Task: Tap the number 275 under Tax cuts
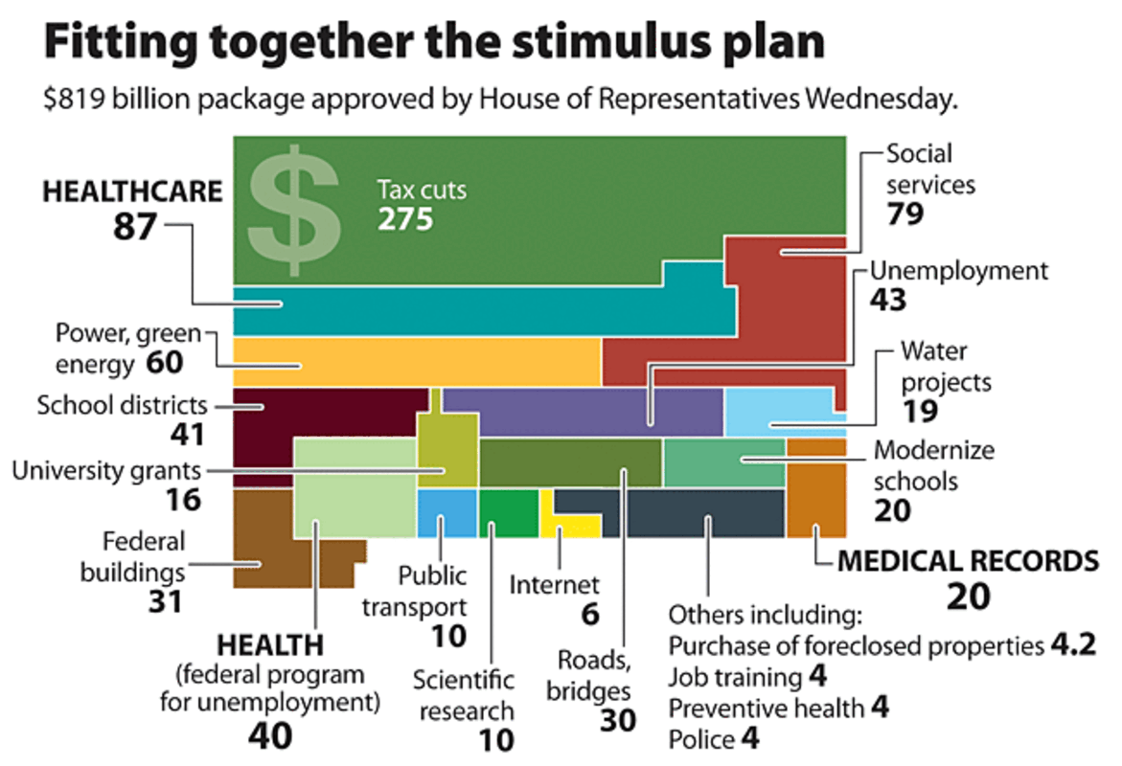405,219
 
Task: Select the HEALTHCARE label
132,192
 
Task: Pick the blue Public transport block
447,512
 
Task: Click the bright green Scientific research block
508,512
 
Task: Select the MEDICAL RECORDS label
968,561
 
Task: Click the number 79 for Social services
904,213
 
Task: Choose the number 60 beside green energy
164,364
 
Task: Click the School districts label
122,404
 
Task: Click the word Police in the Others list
701,739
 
